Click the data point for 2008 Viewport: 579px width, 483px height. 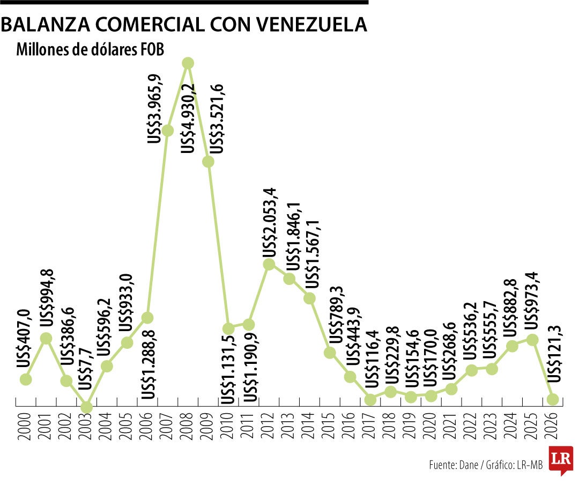(x=188, y=63)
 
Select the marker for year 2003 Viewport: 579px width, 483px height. (x=86, y=407)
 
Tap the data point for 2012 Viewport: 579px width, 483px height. (x=269, y=264)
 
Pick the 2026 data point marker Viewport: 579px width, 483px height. (x=553, y=399)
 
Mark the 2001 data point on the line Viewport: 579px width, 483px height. (x=46, y=338)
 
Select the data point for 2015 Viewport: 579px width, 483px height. (x=330, y=353)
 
